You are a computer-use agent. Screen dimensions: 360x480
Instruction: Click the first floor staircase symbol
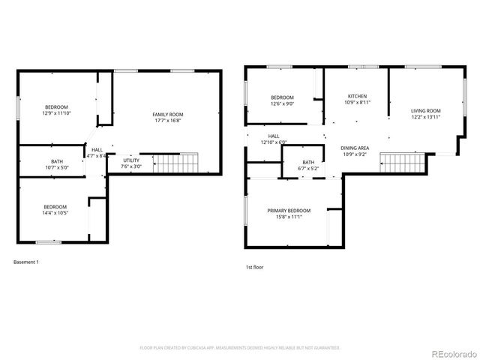pos(402,162)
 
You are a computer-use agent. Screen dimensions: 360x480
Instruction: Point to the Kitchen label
pos(357,96)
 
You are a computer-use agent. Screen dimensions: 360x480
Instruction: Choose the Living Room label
pos(424,111)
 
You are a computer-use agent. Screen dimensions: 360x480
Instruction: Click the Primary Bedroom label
pos(289,211)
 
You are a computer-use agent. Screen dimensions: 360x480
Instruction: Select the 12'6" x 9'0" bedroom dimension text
pos(283,104)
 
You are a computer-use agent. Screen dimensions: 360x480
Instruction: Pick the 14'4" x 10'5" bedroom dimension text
pos(55,213)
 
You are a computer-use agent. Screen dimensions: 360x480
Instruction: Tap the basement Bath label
pos(57,160)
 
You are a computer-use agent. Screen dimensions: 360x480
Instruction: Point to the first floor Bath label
pos(309,162)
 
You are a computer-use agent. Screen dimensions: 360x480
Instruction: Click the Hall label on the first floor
pos(274,136)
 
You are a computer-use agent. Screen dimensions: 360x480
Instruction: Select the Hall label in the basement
pos(97,150)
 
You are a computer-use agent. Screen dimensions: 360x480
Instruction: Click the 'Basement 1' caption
pos(26,262)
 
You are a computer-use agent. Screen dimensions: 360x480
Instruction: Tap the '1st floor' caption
pos(255,267)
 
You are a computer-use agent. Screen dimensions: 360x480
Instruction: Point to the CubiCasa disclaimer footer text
pos(240,348)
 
